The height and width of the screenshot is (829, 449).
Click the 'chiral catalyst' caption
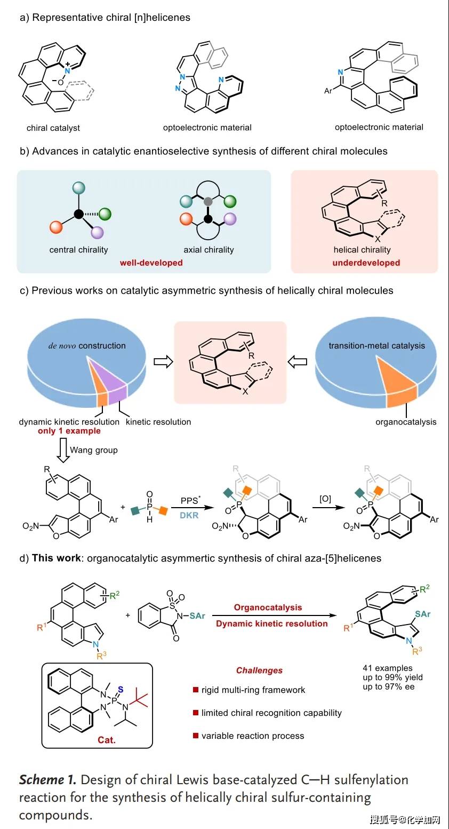pos(53,128)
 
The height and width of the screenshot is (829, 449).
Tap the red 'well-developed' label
pos(151,263)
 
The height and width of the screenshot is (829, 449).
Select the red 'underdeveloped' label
pos(366,263)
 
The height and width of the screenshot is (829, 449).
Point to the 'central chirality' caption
pos(78,250)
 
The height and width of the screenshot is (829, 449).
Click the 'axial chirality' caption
pos(209,250)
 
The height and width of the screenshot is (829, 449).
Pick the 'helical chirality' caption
pos(362,250)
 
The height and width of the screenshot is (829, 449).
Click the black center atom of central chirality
pos(79,214)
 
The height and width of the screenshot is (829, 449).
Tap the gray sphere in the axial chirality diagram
pos(209,202)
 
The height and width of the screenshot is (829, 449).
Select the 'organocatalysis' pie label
pos(406,422)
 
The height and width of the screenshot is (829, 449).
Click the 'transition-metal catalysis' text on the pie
pos(376,346)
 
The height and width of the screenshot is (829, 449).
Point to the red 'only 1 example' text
pos(69,431)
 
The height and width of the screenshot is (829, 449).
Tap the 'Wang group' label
pos(94,450)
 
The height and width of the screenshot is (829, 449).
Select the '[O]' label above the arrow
pos(325,499)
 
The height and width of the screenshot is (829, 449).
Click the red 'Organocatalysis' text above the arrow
pos(268,607)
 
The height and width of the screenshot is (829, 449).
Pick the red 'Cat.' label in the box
pos(107,740)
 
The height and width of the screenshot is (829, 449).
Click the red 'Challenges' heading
pos(260,670)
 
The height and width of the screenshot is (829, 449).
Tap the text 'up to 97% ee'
pos(389,686)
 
